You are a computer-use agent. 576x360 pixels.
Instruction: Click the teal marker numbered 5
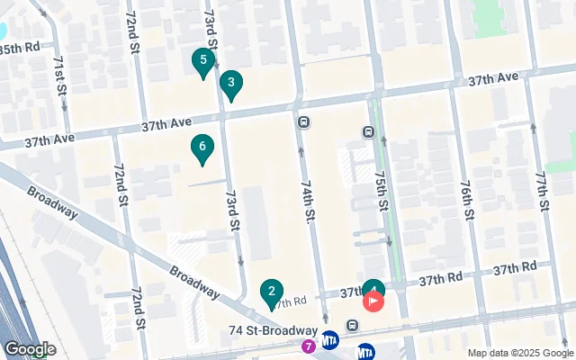[203, 62]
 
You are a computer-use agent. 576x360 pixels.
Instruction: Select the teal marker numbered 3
[231, 85]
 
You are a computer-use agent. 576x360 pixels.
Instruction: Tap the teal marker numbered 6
[202, 147]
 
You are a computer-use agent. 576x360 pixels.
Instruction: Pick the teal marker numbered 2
[271, 292]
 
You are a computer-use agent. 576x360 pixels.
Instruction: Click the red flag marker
[373, 301]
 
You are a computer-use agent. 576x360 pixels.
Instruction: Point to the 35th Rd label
[20, 46]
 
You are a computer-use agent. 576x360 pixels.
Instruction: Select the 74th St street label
[307, 204]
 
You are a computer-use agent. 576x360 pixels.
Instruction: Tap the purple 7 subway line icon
[310, 345]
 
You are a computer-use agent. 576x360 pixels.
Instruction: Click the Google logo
[30, 349]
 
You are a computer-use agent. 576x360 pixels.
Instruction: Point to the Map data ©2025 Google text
[519, 353]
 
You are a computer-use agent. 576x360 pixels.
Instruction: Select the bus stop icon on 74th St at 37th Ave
[304, 122]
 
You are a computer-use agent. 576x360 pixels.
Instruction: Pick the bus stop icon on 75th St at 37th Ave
[368, 132]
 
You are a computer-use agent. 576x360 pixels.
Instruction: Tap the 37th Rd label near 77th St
[515, 267]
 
